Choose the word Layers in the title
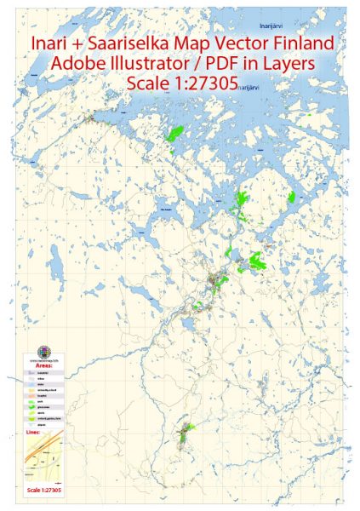point(289,64)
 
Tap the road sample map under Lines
point(43,461)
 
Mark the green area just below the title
point(178,134)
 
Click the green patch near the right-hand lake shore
point(291,197)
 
